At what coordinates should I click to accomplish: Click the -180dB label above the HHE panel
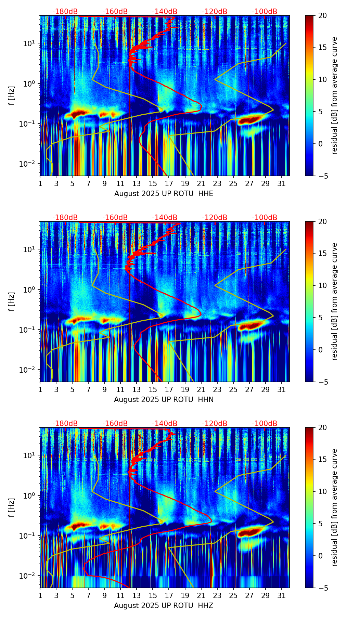coord(65,12)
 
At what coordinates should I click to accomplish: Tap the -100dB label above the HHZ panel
coord(265,424)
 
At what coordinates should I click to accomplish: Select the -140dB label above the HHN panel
coord(165,218)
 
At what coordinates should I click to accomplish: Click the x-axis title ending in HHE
coord(164,194)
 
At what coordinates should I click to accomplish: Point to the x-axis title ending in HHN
coord(164,400)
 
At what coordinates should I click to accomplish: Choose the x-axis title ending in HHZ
coord(164,606)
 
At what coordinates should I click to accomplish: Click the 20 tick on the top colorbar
coord(322,15)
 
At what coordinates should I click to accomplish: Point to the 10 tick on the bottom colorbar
coord(322,491)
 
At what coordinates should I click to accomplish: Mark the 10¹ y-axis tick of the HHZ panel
coord(30,455)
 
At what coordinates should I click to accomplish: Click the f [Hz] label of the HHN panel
coord(12,301)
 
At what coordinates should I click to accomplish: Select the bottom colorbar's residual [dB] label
coord(334,507)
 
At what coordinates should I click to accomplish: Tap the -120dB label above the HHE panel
coord(215,12)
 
